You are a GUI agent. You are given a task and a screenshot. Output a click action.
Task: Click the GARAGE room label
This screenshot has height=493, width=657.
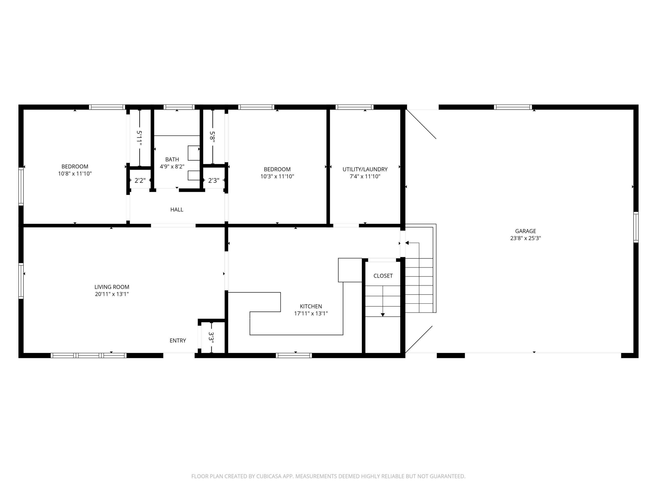pyautogui.click(x=525, y=231)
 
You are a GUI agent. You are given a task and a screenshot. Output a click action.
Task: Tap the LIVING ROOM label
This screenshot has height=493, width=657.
pyautogui.click(x=112, y=287)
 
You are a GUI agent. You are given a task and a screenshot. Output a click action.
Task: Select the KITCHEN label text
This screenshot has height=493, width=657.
pyautogui.click(x=311, y=306)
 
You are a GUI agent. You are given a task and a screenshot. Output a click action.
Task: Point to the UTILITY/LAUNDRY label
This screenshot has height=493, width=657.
pyautogui.click(x=365, y=169)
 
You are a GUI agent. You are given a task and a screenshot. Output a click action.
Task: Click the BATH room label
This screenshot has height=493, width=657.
pyautogui.click(x=172, y=159)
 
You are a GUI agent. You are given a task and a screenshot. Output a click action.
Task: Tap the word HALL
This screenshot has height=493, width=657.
pyautogui.click(x=177, y=210)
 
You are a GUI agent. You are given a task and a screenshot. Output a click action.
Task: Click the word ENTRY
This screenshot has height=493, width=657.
pyautogui.click(x=178, y=340)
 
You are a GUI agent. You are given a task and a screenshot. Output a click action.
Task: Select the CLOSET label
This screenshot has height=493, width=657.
pyautogui.click(x=383, y=276)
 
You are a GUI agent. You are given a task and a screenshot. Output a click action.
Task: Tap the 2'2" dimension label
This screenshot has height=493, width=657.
pyautogui.click(x=140, y=180)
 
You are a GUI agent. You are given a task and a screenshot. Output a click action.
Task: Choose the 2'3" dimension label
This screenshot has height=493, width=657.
pyautogui.click(x=214, y=180)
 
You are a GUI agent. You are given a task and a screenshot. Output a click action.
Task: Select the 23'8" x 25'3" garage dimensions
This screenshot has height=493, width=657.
pyautogui.click(x=525, y=238)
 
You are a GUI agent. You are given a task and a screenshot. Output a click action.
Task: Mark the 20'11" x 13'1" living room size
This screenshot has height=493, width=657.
pyautogui.click(x=112, y=294)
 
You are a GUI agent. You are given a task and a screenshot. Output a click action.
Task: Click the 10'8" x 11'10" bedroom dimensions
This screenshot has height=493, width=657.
pyautogui.click(x=75, y=174)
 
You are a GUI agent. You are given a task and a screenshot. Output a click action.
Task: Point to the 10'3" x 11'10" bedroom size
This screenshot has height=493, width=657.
pyautogui.click(x=277, y=176)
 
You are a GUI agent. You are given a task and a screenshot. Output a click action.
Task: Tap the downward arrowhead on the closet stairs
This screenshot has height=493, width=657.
pyautogui.click(x=383, y=315)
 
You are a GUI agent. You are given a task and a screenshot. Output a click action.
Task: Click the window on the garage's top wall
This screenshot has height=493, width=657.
pyautogui.click(x=513, y=107)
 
